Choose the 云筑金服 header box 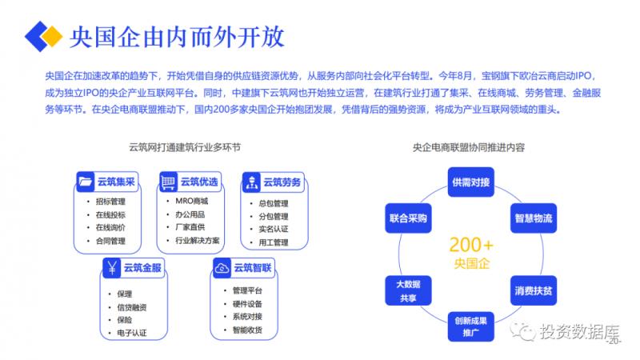[131, 267]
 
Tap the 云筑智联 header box [242, 267]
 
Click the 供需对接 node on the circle [470, 182]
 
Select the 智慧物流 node [532, 218]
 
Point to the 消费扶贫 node [532, 290]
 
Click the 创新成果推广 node [470, 326]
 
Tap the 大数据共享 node [408, 290]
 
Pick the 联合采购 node [408, 218]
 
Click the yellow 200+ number [470, 244]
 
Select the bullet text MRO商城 [192, 202]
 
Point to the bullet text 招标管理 [110, 202]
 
